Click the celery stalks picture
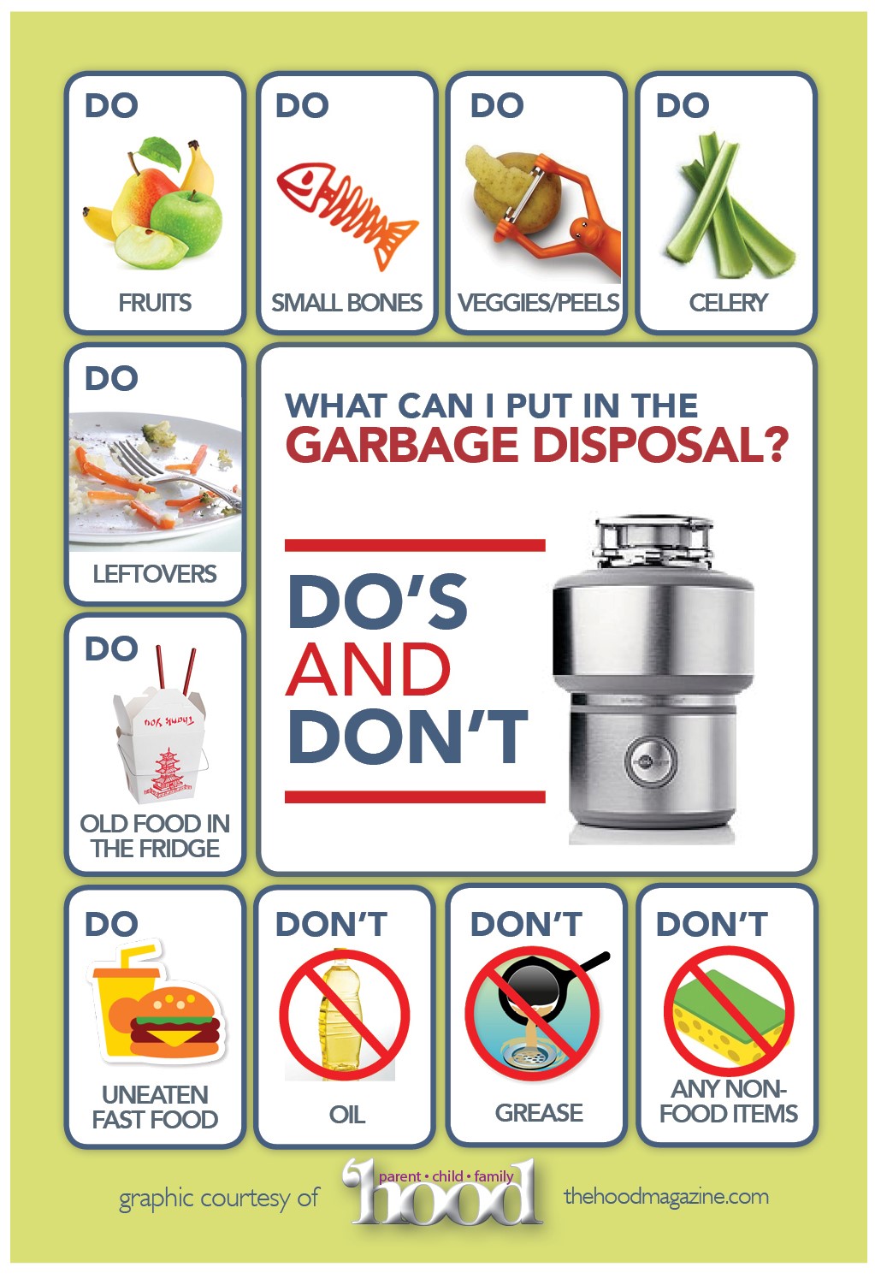point(727,210)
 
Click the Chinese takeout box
point(161,743)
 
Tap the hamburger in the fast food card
point(176,1023)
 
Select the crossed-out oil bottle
point(344,1014)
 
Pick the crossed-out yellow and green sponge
point(729,1010)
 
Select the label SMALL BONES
point(346,303)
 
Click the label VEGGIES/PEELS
point(538,303)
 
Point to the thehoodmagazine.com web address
point(665,1196)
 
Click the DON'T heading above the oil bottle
point(331,925)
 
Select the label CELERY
point(728,303)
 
